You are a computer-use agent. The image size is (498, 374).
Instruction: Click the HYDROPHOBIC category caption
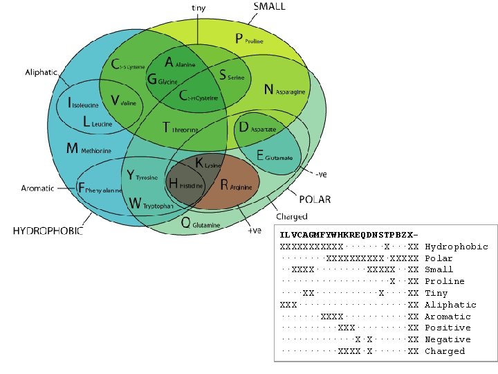point(48,231)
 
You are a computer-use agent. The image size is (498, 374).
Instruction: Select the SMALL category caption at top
point(269,7)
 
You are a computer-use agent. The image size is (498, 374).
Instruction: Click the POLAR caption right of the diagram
point(315,199)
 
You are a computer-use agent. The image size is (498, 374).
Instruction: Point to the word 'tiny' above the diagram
point(198,8)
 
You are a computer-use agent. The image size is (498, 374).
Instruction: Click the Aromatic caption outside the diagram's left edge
point(37,188)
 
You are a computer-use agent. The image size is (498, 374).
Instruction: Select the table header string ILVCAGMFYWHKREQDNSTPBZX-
point(349,234)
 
